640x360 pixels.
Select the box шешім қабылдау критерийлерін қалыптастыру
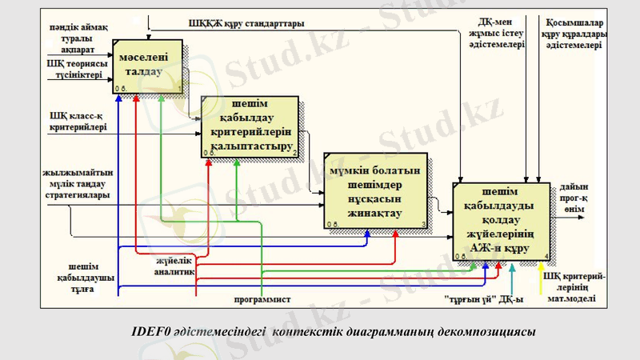250,126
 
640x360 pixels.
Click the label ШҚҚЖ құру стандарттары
246,24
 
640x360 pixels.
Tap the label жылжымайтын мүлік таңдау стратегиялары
78,183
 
